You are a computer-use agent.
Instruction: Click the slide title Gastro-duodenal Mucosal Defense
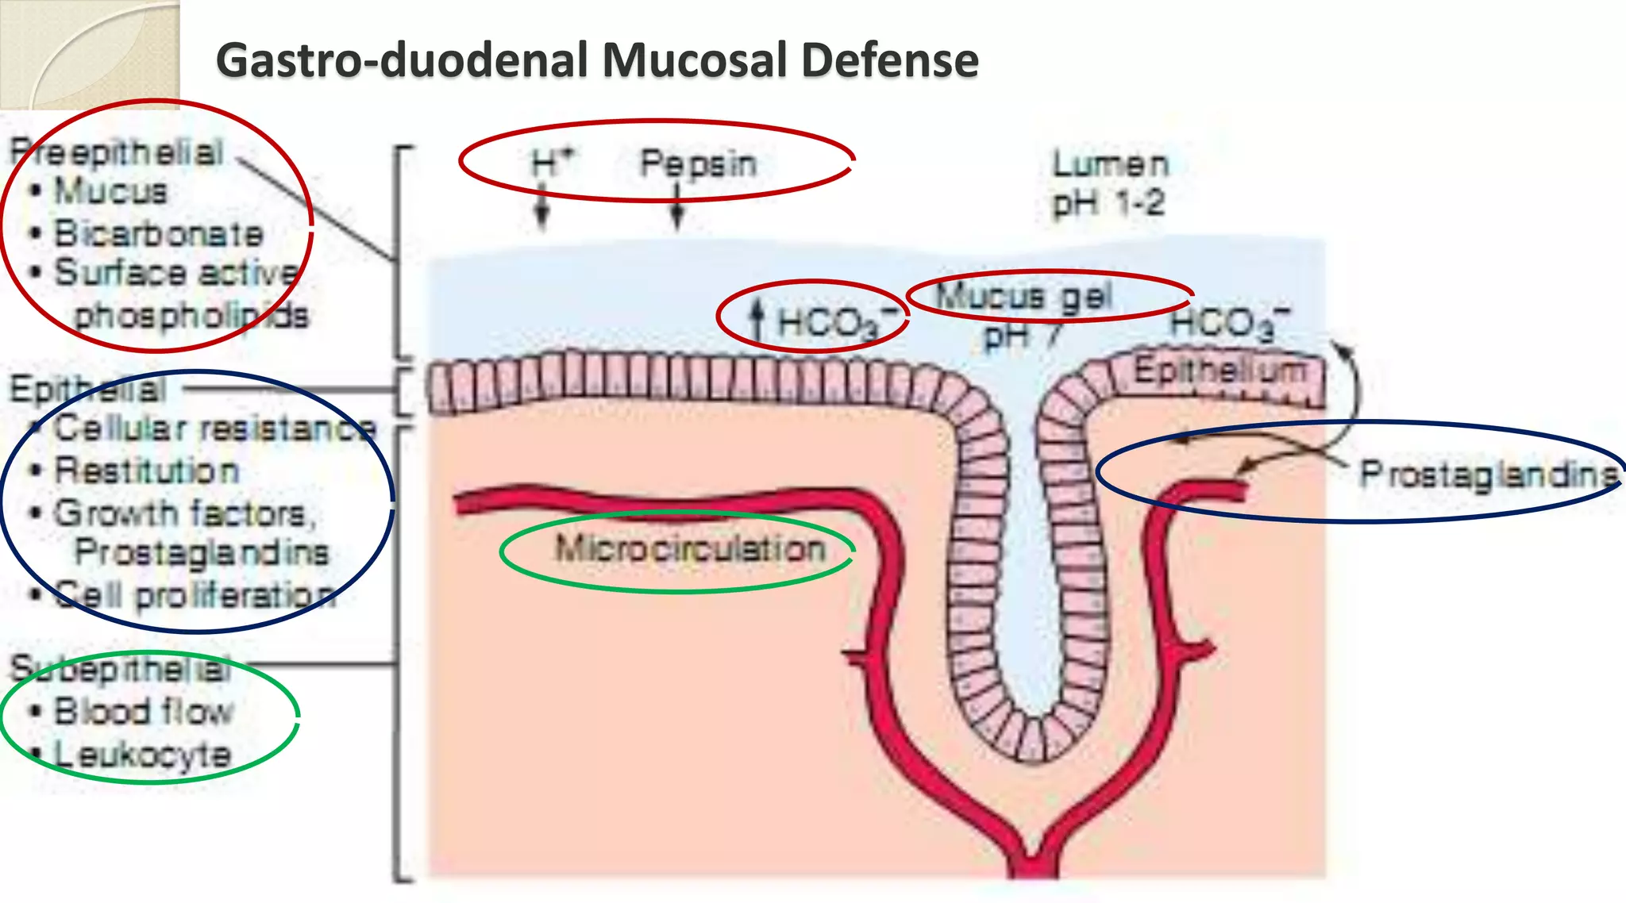[597, 60]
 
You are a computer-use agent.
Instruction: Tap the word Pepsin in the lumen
[698, 163]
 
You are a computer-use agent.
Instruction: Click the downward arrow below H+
[542, 208]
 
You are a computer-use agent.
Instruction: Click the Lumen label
[1110, 164]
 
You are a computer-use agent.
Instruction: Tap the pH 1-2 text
[1108, 204]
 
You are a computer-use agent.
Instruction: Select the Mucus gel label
[1024, 297]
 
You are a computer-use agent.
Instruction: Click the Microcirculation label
[690, 548]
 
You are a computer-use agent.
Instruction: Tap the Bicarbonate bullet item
[158, 233]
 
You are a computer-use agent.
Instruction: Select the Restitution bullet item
[147, 471]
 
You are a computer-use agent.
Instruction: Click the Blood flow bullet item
[144, 711]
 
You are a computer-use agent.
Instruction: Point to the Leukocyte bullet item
[142, 754]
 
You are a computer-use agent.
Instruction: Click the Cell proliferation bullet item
[195, 594]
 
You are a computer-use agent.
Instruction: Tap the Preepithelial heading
[117, 152]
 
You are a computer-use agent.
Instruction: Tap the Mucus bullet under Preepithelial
[110, 191]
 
